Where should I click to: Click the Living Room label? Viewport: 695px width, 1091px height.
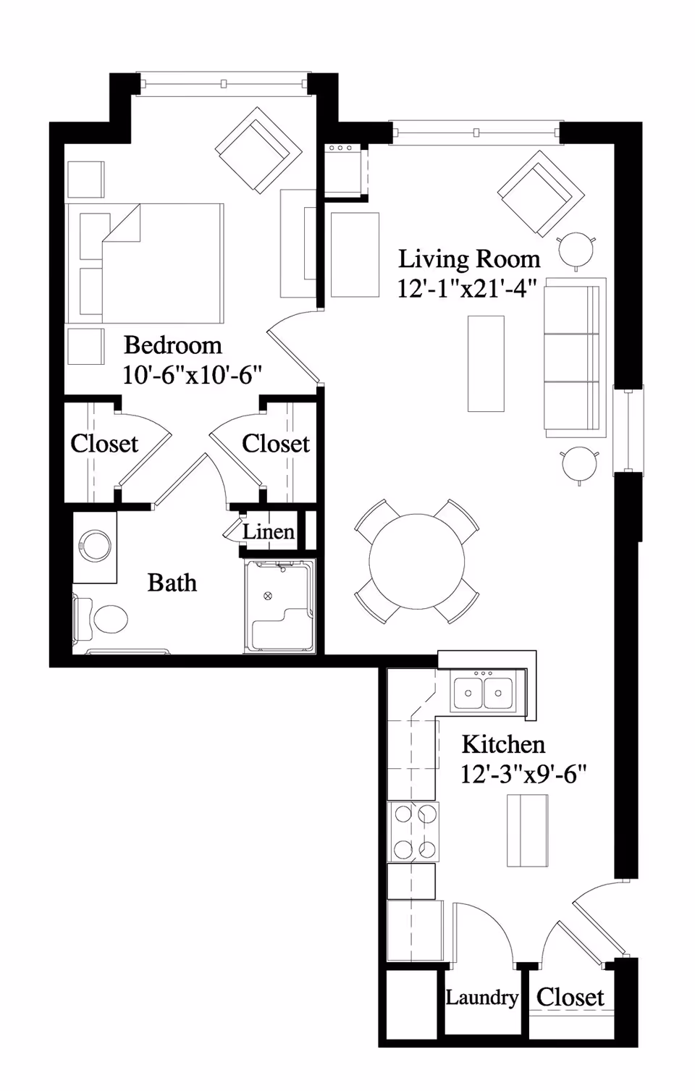[469, 258]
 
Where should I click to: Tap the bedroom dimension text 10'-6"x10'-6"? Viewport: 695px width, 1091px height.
[192, 375]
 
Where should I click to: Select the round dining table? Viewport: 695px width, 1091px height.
[416, 561]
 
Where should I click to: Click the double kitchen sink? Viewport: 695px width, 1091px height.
[483, 692]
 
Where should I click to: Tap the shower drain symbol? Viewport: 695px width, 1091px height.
[269, 596]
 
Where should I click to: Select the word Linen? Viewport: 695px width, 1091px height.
[269, 532]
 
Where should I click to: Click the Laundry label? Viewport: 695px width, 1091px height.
[481, 998]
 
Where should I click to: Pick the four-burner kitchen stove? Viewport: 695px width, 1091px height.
[413, 831]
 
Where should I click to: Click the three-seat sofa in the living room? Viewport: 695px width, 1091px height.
[574, 357]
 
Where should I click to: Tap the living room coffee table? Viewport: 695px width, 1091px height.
[486, 363]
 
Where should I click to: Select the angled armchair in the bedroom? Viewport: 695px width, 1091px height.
[258, 151]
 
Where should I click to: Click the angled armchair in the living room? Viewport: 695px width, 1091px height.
[541, 193]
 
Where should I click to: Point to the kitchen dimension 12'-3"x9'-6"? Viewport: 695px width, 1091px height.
[523, 775]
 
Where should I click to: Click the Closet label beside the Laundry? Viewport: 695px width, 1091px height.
[570, 997]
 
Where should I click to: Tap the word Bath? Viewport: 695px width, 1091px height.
[172, 583]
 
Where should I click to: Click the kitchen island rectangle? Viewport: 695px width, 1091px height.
[527, 830]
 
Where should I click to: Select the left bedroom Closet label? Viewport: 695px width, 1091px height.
[104, 443]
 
